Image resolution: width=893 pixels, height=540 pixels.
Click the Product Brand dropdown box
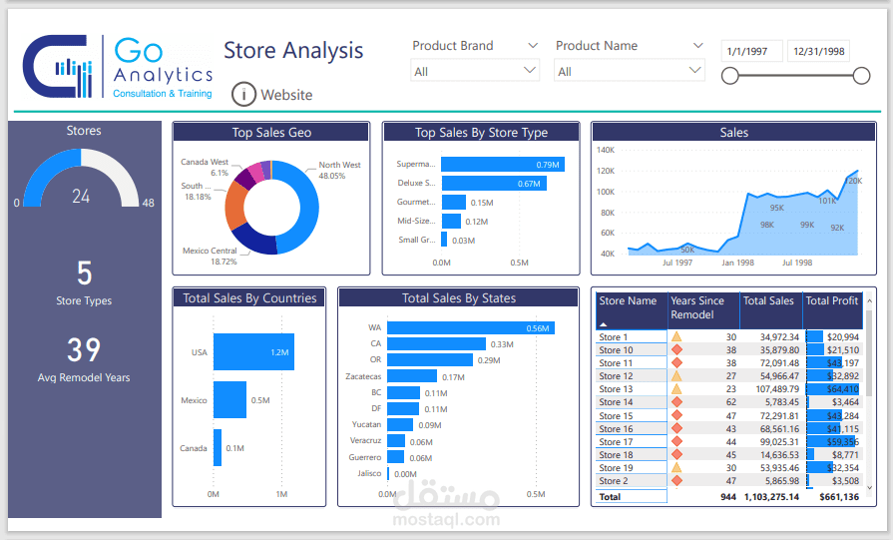point(475,71)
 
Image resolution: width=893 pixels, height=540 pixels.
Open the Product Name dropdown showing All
point(630,71)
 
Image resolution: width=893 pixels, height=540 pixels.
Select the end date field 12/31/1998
point(818,51)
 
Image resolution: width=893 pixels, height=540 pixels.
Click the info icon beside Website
point(243,94)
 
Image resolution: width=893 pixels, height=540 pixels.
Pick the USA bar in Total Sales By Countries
point(253,352)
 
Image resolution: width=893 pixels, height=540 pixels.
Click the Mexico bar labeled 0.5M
point(229,400)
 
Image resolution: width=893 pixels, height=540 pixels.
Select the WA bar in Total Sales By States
point(470,327)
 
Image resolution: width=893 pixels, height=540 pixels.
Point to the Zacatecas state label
point(362,376)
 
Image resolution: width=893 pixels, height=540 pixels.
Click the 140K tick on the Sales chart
point(605,150)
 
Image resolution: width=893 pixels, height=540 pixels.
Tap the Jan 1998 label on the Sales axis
point(737,263)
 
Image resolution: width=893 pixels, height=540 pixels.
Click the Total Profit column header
point(831,300)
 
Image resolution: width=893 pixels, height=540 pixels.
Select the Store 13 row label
point(616,389)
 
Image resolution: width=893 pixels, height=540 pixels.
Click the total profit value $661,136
point(833,496)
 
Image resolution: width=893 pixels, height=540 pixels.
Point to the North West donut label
point(339,165)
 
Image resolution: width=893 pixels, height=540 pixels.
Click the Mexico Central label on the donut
point(210,251)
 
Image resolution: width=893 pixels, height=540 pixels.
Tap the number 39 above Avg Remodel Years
point(84,349)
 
